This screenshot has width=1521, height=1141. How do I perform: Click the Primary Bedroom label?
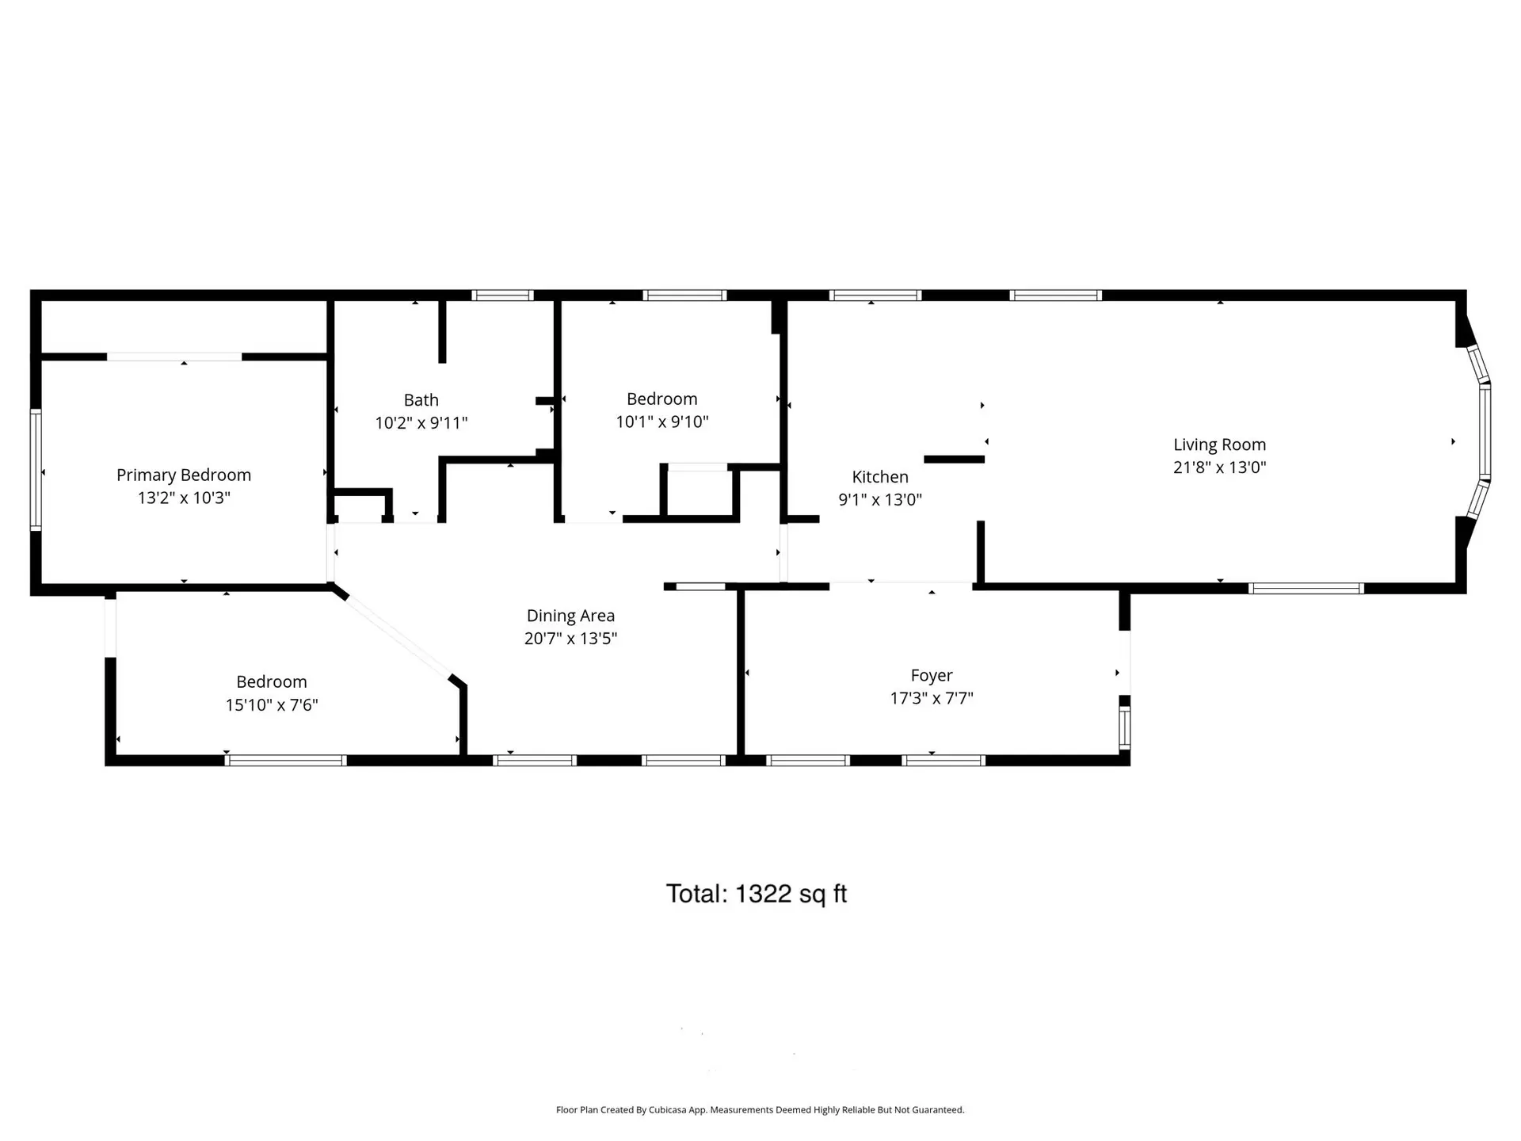(x=184, y=475)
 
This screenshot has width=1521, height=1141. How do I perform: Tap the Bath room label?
(x=421, y=400)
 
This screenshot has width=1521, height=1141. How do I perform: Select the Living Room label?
(x=1219, y=445)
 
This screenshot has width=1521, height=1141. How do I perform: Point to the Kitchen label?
(x=879, y=477)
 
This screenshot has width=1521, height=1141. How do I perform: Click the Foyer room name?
(x=931, y=675)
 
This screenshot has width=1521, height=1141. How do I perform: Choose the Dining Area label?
(x=570, y=616)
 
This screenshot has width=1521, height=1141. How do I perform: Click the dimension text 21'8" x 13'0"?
(x=1219, y=467)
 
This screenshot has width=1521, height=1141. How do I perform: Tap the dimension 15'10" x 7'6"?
(x=272, y=704)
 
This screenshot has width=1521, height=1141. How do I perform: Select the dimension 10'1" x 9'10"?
(x=661, y=422)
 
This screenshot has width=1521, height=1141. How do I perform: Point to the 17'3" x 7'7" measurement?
(x=931, y=698)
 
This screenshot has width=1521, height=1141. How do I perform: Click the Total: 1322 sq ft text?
(x=757, y=894)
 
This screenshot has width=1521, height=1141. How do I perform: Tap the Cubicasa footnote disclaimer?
(x=760, y=1110)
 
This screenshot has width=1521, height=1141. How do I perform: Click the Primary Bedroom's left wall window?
(x=36, y=469)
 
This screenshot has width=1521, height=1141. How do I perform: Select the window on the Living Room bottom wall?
(x=1305, y=588)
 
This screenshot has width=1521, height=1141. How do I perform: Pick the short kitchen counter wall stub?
(x=954, y=459)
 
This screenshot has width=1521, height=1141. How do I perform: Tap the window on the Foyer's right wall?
(x=1124, y=727)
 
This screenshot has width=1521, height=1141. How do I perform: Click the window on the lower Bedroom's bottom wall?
(x=286, y=760)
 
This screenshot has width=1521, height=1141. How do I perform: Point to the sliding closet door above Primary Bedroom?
(x=174, y=357)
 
